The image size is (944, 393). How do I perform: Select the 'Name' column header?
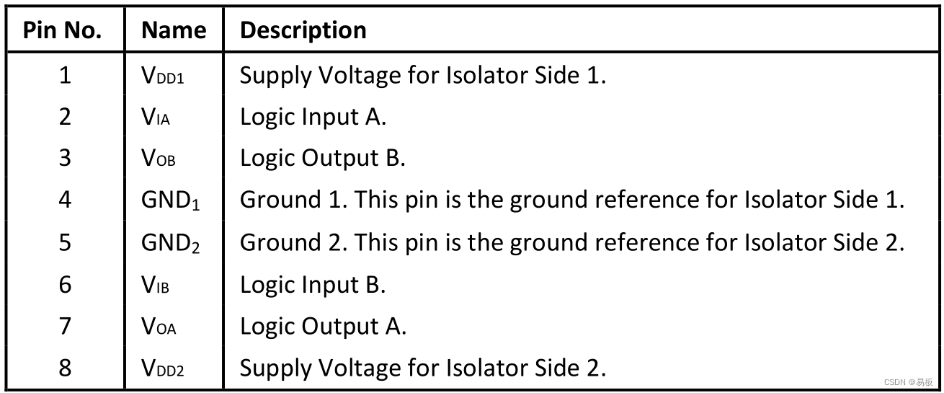(174, 30)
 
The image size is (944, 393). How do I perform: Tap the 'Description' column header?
(303, 30)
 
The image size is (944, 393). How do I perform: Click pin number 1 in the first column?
(65, 74)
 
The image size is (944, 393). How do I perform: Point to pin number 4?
(65, 200)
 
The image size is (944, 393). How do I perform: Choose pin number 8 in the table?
(65, 368)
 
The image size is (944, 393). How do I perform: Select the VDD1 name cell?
(163, 75)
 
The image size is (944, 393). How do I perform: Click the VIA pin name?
(156, 117)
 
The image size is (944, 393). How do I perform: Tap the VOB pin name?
(159, 159)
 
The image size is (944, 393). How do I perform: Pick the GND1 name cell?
(171, 200)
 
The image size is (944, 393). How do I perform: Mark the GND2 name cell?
(171, 242)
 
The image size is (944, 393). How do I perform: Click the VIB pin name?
(156, 285)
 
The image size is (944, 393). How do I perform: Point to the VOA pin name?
(159, 327)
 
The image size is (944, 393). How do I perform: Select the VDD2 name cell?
(163, 368)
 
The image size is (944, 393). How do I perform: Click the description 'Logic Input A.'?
(313, 117)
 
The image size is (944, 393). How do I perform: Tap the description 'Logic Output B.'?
(322, 159)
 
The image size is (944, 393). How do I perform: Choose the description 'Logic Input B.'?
(313, 285)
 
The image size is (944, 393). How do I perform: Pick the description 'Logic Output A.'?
(323, 327)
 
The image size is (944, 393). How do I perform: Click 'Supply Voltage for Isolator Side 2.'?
(422, 368)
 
